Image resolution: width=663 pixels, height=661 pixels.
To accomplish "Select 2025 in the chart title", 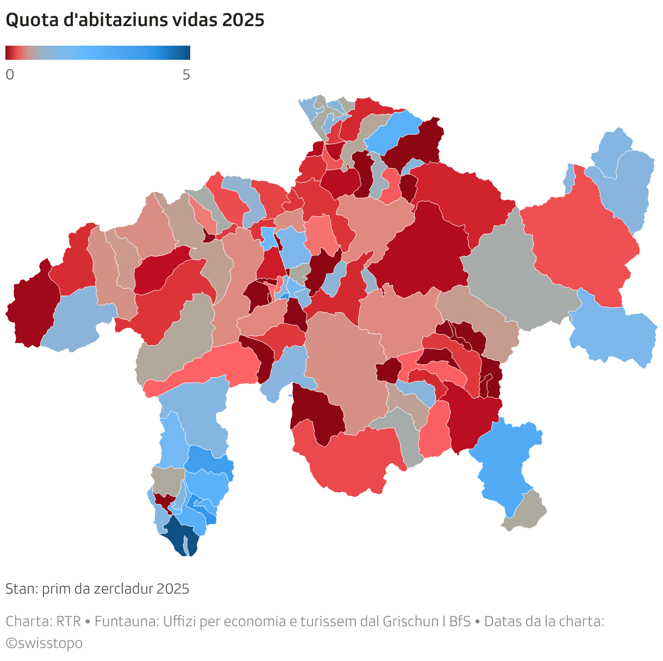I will [243, 20].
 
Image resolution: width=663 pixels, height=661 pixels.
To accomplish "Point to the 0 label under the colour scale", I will [10, 75].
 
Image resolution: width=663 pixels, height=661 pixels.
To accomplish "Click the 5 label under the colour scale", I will [186, 75].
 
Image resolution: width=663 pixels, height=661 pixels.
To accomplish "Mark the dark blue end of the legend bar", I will [186, 53].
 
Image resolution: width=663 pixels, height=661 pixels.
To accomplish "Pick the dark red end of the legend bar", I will [8, 53].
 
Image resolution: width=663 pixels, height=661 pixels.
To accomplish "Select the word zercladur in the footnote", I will [123, 589].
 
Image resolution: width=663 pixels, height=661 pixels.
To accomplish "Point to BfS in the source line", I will [460, 621].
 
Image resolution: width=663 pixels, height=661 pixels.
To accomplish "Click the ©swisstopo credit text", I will [44, 643].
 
